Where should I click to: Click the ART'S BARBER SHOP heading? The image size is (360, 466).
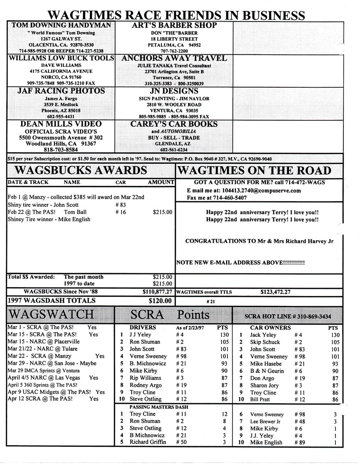(174, 25)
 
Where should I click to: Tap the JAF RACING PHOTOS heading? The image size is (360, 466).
(61, 91)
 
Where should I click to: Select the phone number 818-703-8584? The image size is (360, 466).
(61, 150)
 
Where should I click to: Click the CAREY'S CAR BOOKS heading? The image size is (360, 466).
(174, 124)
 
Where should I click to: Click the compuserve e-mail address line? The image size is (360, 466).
(244, 191)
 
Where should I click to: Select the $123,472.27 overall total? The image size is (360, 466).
(275, 292)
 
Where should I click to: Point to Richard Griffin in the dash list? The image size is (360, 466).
(147, 442)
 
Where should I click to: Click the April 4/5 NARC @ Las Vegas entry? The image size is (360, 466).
(53, 377)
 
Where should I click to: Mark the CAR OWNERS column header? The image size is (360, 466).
(270, 327)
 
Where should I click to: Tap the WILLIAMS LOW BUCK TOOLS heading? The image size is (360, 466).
(61, 58)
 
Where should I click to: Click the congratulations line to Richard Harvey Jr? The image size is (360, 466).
(259, 241)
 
